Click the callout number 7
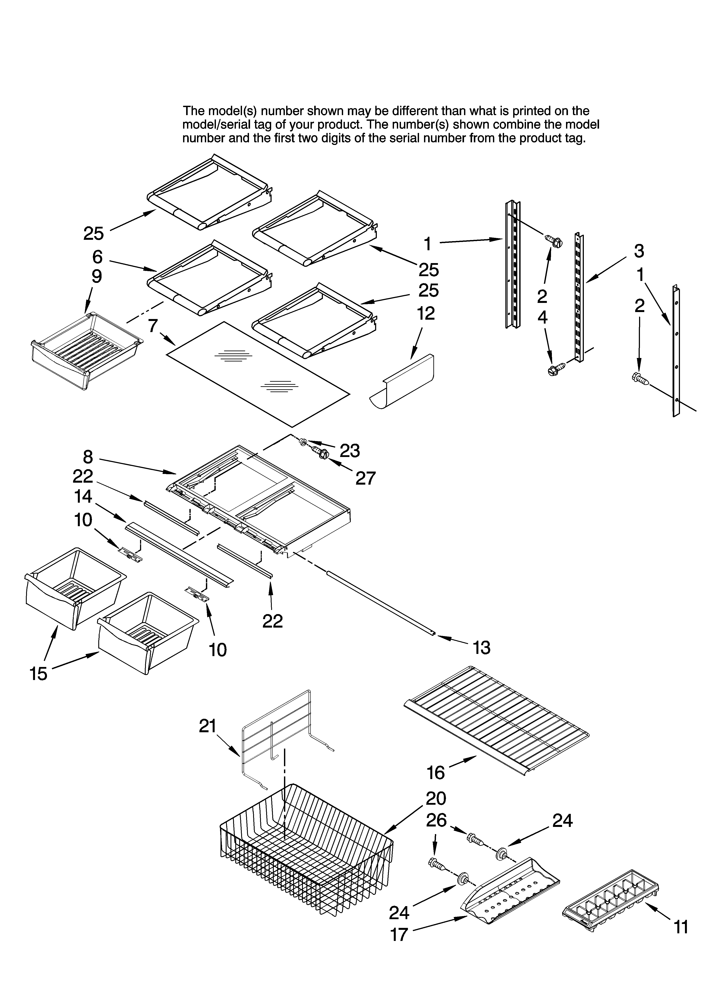152,326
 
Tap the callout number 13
481,648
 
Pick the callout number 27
365,478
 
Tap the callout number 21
207,726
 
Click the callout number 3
638,251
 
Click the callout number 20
436,798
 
